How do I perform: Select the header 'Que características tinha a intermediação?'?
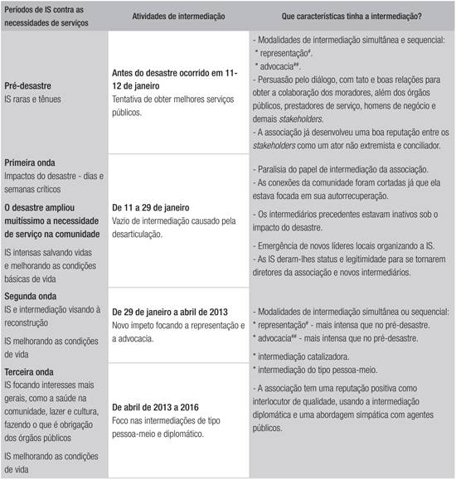pyautogui.click(x=342, y=17)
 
